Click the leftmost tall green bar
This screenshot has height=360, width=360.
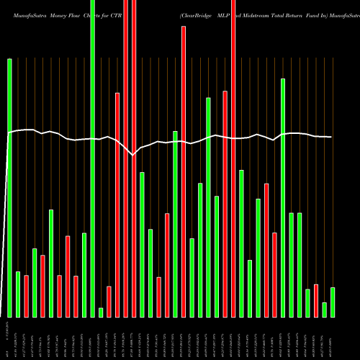click(10, 187)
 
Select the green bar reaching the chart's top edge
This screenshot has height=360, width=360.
click(93, 158)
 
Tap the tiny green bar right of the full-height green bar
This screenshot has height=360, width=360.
click(101, 312)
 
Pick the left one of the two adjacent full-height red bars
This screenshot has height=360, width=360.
click(126, 158)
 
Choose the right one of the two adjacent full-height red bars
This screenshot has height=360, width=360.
click(134, 158)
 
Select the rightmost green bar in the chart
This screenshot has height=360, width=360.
click(333, 302)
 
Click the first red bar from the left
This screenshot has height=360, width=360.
click(27, 296)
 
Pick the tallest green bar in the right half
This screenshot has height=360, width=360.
click(283, 198)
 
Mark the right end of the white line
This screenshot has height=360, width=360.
click(332, 137)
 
